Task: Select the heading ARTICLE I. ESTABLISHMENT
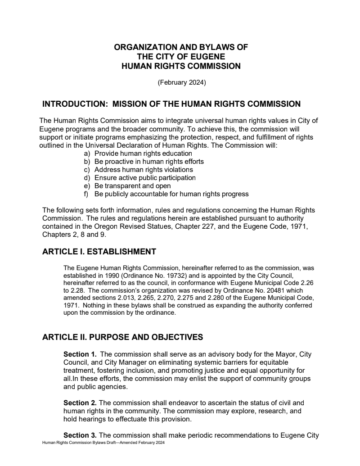pyautogui.click(x=99, y=252)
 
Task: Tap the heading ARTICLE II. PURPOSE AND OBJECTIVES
pyautogui.click(x=122, y=337)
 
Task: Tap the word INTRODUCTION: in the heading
pyautogui.click(x=75, y=104)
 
